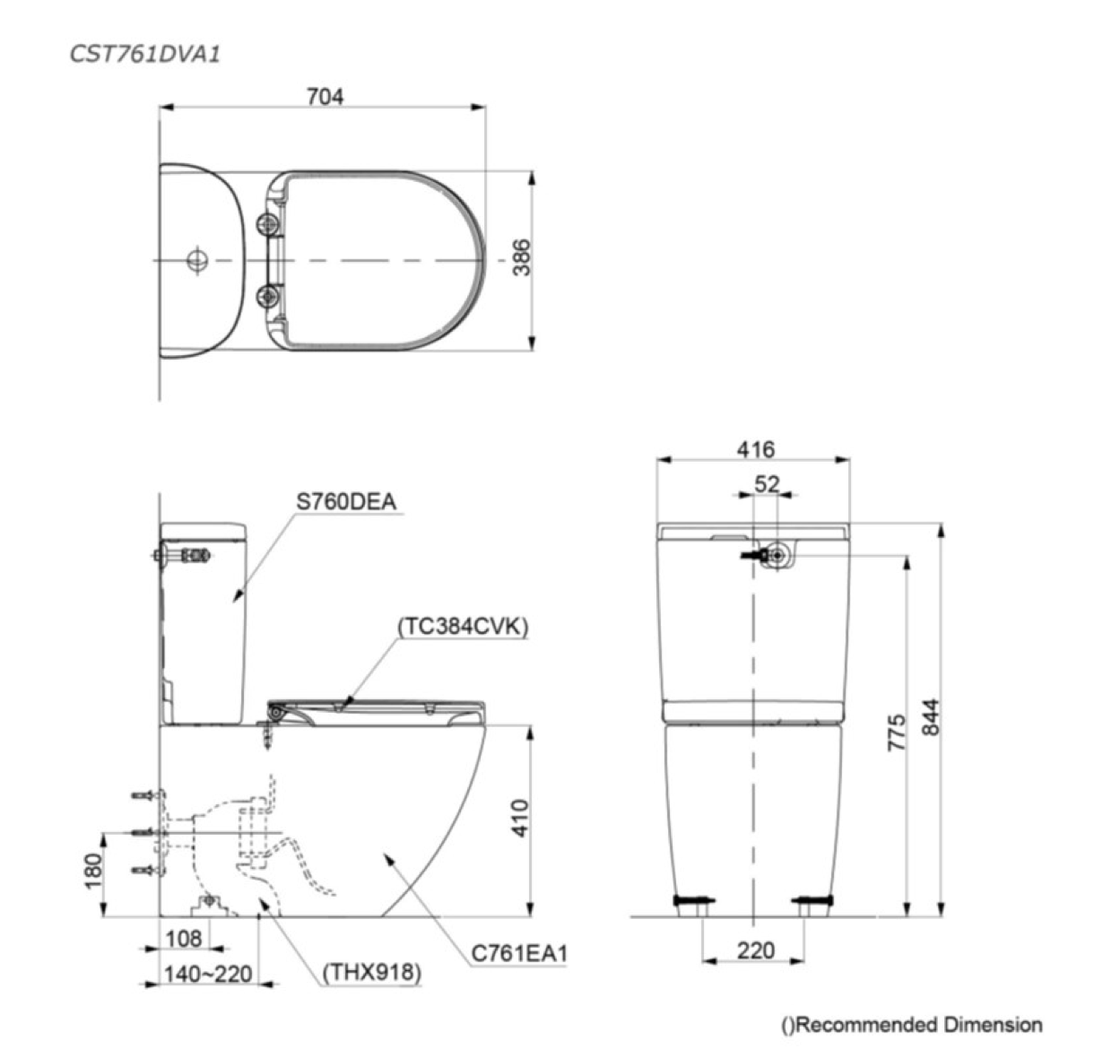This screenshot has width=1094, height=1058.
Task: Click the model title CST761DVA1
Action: (144, 55)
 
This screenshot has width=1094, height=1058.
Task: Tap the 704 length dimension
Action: (325, 97)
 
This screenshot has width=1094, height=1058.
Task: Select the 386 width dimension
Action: (522, 257)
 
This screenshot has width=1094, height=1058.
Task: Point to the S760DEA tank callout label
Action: (346, 501)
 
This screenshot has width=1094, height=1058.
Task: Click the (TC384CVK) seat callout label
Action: (463, 626)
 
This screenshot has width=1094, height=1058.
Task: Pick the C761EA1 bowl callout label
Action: (519, 953)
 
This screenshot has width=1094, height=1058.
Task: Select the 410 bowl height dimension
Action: (521, 818)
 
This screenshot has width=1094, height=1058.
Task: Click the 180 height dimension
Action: (94, 872)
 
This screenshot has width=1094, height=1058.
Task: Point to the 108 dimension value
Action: (184, 938)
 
